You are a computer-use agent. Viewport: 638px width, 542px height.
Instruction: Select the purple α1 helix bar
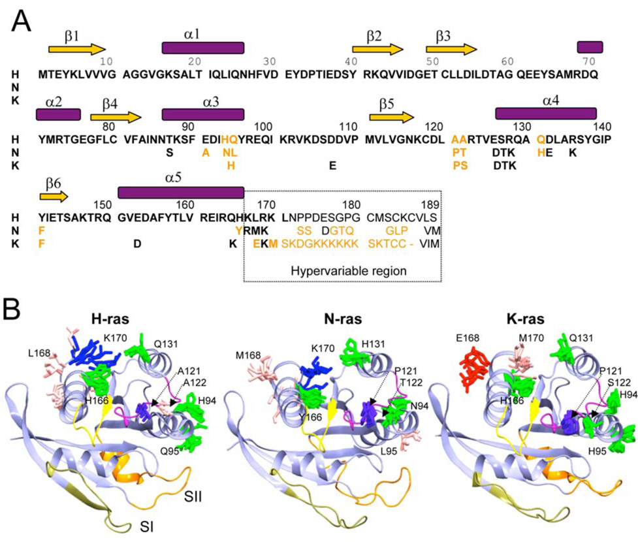point(202,48)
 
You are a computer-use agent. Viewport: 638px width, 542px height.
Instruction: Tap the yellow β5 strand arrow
point(391,118)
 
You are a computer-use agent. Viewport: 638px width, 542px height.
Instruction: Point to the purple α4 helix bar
point(545,114)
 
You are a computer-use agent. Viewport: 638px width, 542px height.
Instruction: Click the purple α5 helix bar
point(180,192)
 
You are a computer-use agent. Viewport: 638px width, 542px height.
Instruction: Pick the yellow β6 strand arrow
point(54,196)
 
